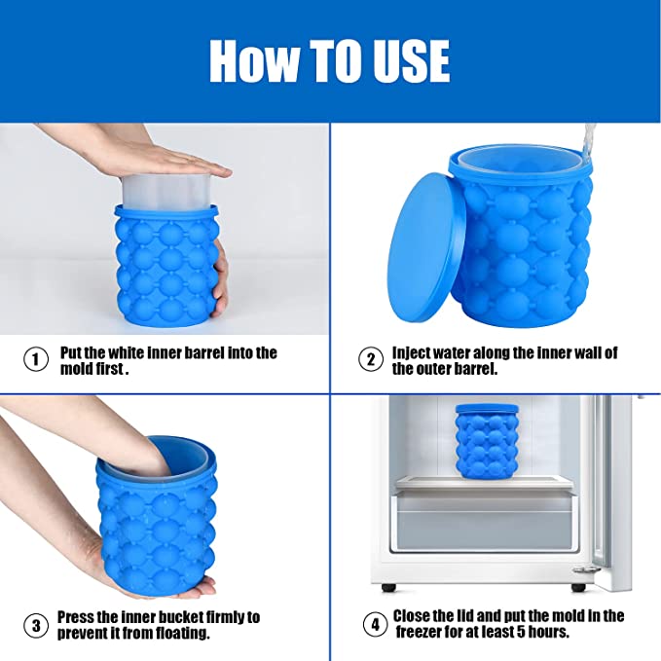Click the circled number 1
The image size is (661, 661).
36,359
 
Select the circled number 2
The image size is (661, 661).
370,359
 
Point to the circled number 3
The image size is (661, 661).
36,623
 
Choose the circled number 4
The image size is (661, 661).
374,623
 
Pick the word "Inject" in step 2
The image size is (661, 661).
415,352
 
